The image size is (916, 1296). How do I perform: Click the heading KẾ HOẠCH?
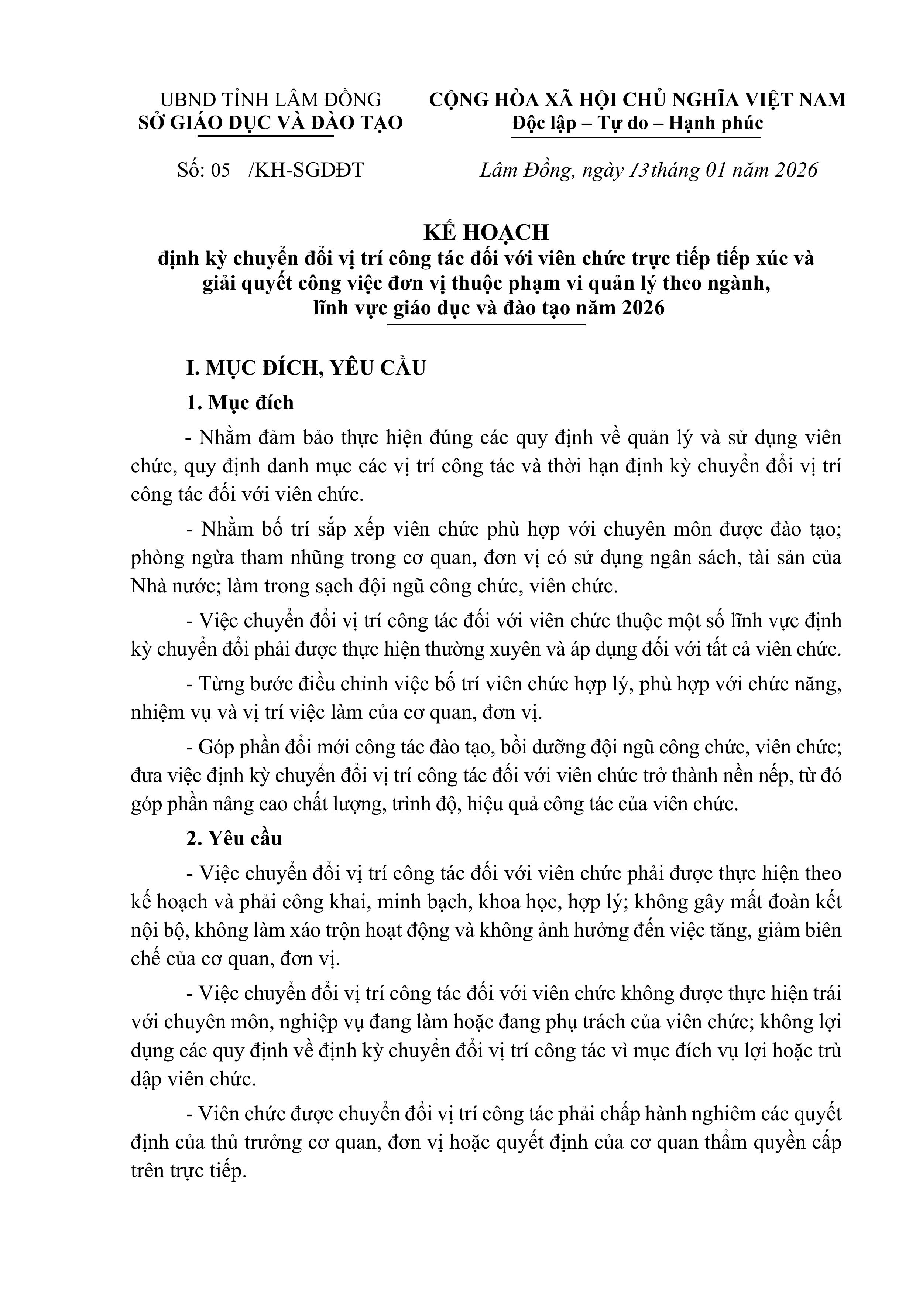[486, 232]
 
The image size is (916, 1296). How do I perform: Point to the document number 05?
[220, 170]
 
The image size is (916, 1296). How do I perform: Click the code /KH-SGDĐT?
[306, 170]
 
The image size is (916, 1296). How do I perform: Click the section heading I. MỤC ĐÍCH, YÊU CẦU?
[306, 367]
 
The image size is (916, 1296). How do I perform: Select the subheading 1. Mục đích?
[240, 403]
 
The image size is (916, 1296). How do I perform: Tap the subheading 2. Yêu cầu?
[234, 838]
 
